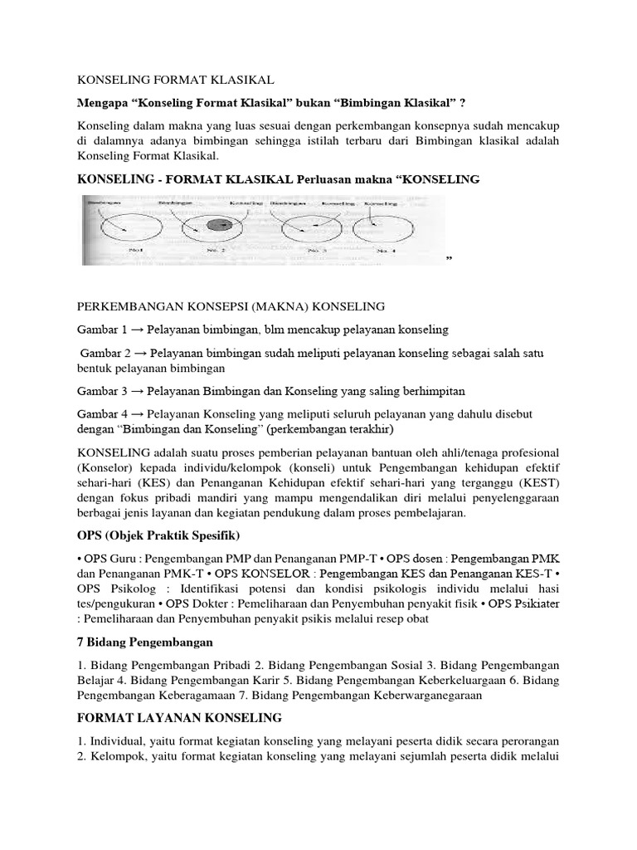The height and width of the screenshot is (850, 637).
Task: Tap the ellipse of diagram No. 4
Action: [x=385, y=227]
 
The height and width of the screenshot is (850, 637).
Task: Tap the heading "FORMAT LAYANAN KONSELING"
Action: [x=179, y=716]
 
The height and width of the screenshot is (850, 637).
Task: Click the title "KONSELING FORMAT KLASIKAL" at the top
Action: [x=174, y=80]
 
